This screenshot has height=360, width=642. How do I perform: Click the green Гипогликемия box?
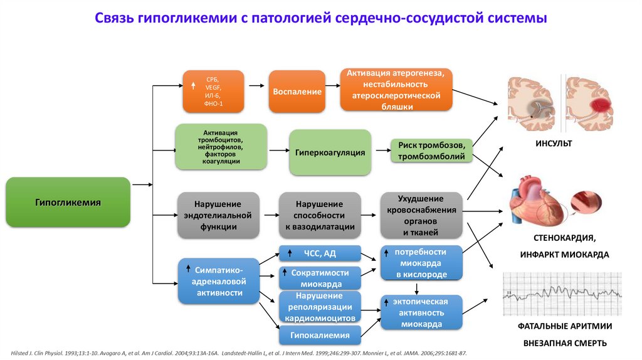pyautogui.click(x=68, y=202)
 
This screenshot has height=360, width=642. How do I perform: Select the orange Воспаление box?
pyautogui.click(x=297, y=92)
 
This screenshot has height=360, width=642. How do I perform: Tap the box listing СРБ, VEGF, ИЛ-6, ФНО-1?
pyautogui.click(x=213, y=92)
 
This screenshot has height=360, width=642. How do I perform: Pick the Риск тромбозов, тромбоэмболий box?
pyautogui.click(x=431, y=151)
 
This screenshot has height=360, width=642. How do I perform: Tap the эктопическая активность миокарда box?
pyautogui.click(x=421, y=312)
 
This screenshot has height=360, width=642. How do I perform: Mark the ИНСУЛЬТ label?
pyautogui.click(x=553, y=144)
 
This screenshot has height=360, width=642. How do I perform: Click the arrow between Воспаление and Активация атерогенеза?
pyautogui.click(x=333, y=92)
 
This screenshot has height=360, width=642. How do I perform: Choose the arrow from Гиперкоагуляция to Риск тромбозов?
pyautogui.click(x=378, y=151)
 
